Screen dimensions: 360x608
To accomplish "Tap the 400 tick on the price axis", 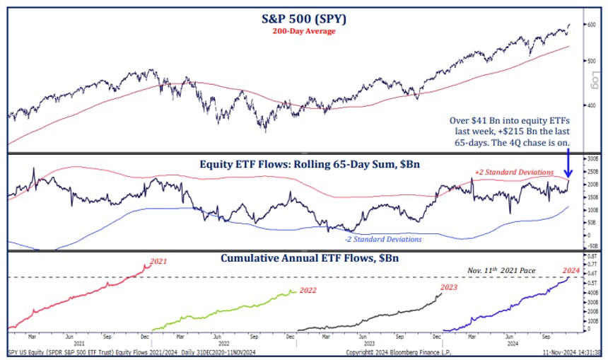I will tap(590, 105).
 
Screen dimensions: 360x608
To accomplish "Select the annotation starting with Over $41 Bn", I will tap(514, 132).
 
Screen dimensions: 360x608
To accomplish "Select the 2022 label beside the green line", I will tap(308, 291).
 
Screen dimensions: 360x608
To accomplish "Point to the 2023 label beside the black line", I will tap(450, 286).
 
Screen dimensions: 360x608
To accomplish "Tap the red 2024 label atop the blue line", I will tap(571, 270).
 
